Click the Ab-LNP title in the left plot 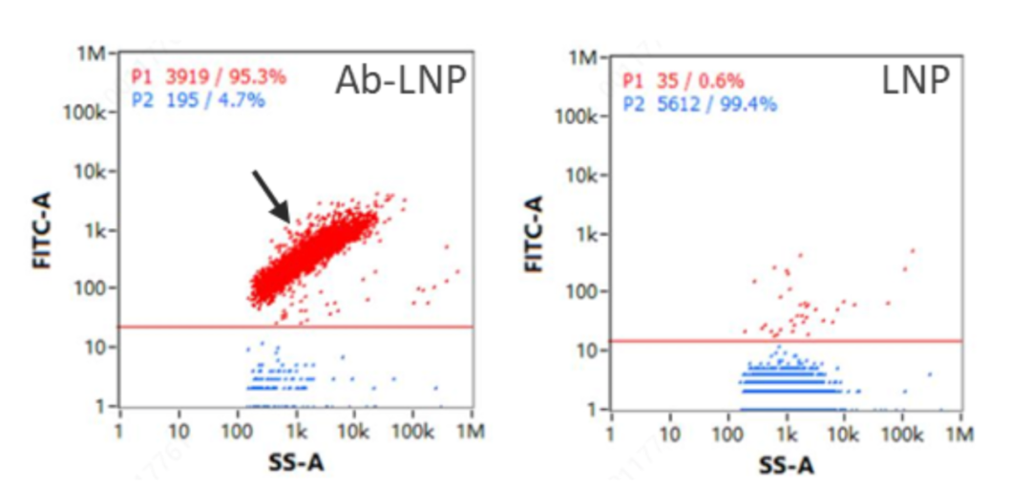[x=399, y=83]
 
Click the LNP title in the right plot [x=915, y=83]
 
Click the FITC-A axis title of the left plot [x=42, y=230]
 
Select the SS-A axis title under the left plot [x=297, y=461]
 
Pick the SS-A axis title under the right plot [x=788, y=465]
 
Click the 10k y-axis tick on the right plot [x=585, y=175]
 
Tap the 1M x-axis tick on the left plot [x=471, y=432]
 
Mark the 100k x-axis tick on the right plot [x=902, y=434]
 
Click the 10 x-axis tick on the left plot [x=179, y=432]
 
